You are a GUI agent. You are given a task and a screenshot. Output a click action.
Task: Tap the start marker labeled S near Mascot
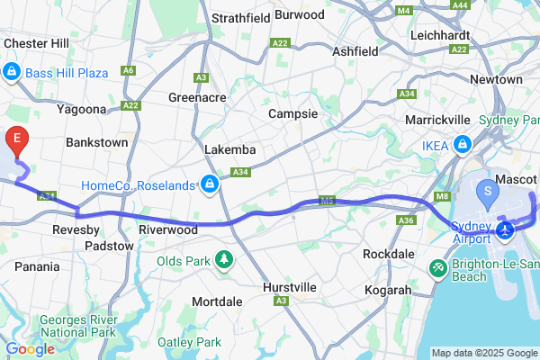tap(488, 191)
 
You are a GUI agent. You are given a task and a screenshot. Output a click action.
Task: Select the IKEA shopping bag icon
tap(462, 144)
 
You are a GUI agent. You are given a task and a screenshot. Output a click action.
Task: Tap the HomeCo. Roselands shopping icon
tap(209, 185)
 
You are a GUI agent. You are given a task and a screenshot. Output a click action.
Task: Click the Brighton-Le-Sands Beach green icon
tap(437, 267)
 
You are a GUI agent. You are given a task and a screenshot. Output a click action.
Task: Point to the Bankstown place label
tap(96, 142)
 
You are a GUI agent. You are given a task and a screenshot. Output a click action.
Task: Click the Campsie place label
tap(292, 114)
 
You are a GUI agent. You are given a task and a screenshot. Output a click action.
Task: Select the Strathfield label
tap(240, 17)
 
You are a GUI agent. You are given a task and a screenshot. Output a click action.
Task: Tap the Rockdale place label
tap(388, 254)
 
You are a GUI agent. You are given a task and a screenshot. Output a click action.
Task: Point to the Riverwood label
tap(167, 229)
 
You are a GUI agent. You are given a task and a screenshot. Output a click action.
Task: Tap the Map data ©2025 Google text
tap(483, 352)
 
